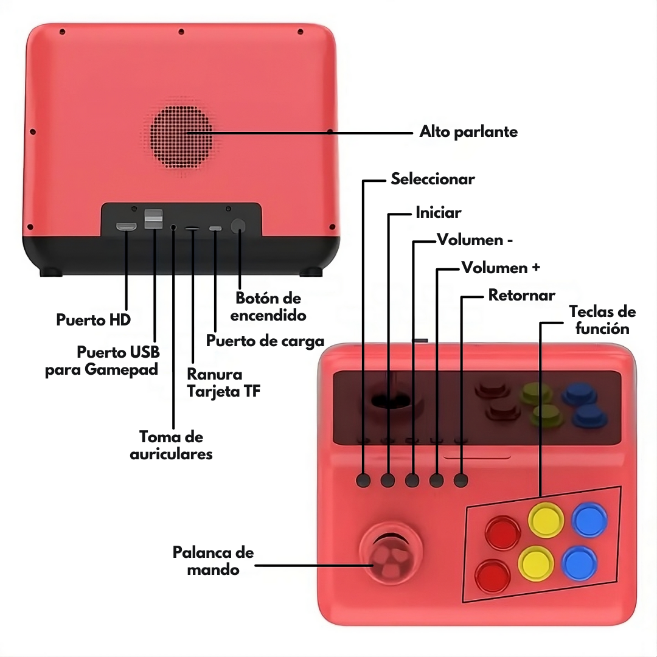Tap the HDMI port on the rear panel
pos(127,228)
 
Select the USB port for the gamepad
pos(153,220)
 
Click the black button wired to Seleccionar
pos(363,480)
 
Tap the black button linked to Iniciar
pos(388,480)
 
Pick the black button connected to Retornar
pos(461,480)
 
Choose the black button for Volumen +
pos(437,480)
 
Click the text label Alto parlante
pos(468,132)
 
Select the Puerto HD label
pos(93,320)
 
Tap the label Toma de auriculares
pos(171,445)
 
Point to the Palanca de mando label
pos(213,561)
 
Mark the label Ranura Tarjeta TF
pos(223,383)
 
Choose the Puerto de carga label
pos(265,341)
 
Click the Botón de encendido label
pos(268,307)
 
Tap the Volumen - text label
pos(474,240)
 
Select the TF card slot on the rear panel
pos(192,229)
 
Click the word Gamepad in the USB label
pos(122,369)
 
